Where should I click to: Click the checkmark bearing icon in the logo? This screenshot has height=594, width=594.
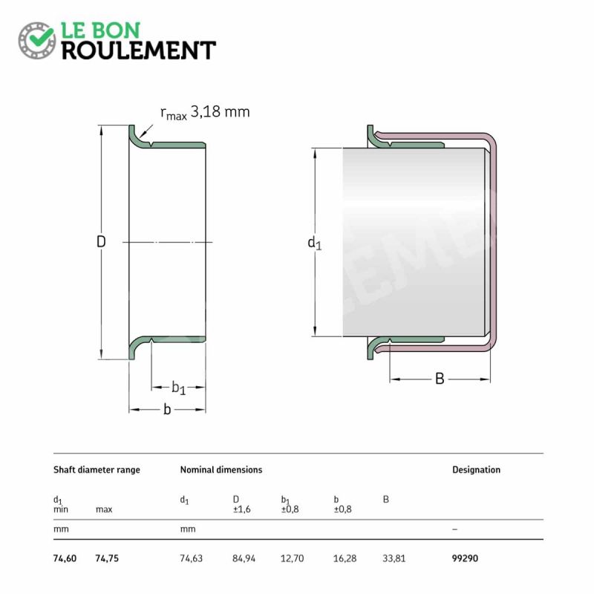pyautogui.click(x=37, y=40)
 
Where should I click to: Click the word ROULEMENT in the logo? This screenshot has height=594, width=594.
pyautogui.click(x=139, y=50)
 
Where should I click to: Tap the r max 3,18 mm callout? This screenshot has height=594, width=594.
pyautogui.click(x=205, y=113)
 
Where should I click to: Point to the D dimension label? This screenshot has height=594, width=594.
pyautogui.click(x=101, y=241)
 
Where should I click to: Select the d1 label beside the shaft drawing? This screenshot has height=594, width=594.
pyautogui.click(x=314, y=243)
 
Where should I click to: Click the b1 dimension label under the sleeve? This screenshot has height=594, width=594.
pyautogui.click(x=178, y=388)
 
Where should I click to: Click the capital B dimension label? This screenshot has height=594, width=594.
pyautogui.click(x=440, y=379)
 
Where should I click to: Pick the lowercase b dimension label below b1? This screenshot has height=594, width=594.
pyautogui.click(x=167, y=409)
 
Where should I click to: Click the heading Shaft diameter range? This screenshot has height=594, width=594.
pyautogui.click(x=97, y=470)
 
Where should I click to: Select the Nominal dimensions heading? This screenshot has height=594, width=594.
pyautogui.click(x=221, y=470)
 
